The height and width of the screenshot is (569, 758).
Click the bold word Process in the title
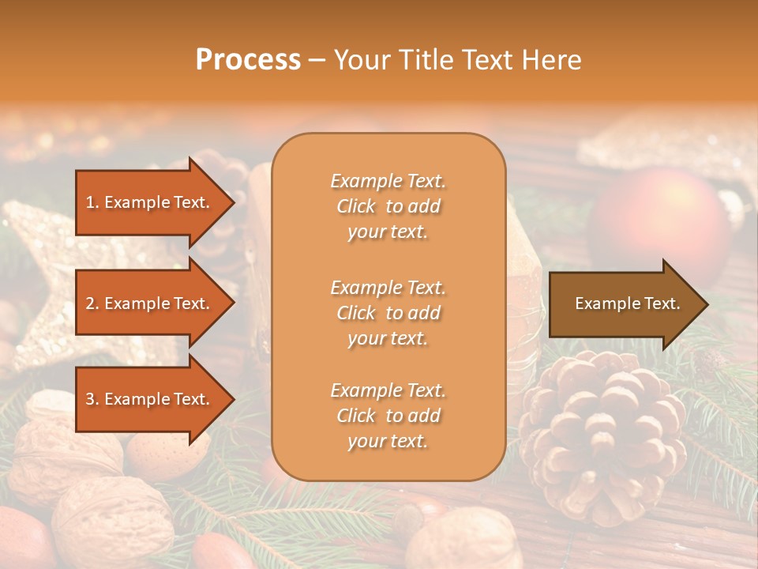(x=248, y=60)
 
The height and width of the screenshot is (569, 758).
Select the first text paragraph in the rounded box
(x=388, y=206)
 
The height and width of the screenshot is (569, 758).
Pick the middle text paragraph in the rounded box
(x=388, y=313)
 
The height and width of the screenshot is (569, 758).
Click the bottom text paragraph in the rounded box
(x=388, y=416)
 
